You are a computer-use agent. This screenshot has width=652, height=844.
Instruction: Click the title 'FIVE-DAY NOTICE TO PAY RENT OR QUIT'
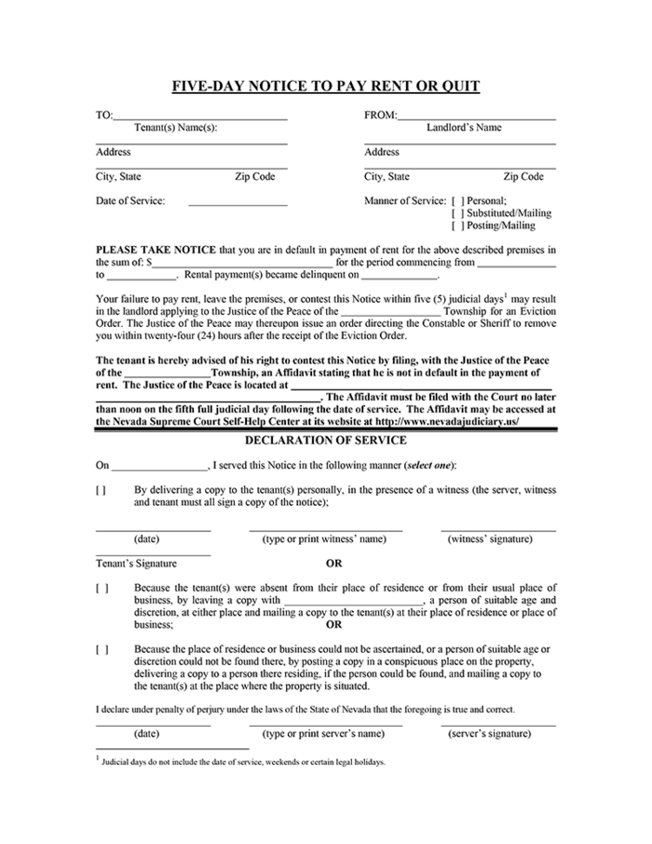coord(326,88)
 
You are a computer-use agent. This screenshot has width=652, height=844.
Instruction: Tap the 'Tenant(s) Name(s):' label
coord(176,128)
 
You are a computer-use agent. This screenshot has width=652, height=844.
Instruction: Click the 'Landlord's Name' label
coord(463,128)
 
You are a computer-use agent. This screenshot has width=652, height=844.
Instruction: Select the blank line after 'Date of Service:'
coord(238,201)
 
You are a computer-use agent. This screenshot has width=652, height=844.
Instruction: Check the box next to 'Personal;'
coord(456,200)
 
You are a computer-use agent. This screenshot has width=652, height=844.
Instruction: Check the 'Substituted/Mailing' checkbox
coord(456,213)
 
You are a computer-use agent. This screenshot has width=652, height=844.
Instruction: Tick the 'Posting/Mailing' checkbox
coord(456,225)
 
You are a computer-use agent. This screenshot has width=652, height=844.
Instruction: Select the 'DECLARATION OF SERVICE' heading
coord(325,440)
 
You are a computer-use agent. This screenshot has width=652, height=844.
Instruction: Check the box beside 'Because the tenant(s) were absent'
coord(101,588)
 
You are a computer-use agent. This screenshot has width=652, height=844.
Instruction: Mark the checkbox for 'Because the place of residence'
coord(101,649)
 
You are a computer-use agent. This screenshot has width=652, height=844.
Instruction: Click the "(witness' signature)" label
coord(490,539)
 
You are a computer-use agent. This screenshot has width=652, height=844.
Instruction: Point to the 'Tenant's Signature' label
coord(136,564)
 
